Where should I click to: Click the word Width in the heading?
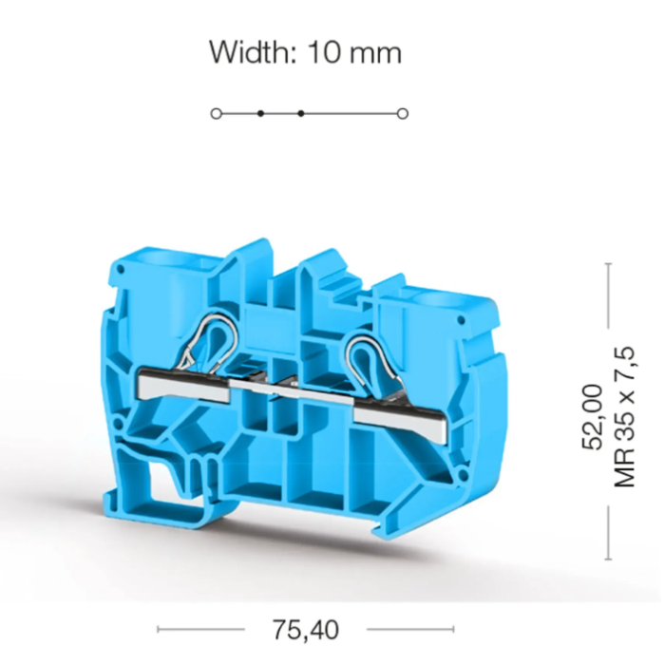tap(254, 52)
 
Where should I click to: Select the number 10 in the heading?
tap(324, 52)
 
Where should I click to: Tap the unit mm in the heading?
tap(376, 55)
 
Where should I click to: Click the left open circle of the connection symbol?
tap(217, 114)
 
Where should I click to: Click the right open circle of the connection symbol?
tap(403, 114)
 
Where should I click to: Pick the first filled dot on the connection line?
tap(261, 114)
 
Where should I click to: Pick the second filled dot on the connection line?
tap(301, 114)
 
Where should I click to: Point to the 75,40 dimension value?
tap(305, 630)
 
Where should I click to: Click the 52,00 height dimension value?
tap(592, 417)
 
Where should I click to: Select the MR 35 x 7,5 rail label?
tap(625, 417)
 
